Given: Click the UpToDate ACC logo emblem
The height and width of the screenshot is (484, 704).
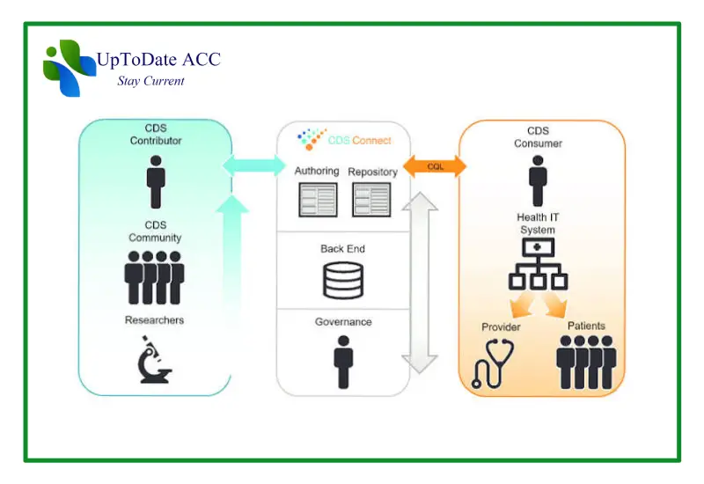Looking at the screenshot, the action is point(70,69).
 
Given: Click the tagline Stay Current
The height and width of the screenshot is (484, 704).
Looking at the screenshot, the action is point(150,81).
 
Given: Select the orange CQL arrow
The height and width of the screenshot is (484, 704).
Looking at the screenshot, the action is point(435,166).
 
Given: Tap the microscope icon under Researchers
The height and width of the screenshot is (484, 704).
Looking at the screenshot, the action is point(155,360).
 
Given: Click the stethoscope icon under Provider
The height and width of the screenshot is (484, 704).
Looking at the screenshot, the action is point(493,363).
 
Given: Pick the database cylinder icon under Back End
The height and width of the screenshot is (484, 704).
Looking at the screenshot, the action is point(343,281).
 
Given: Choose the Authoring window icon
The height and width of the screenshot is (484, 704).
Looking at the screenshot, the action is point(318,200).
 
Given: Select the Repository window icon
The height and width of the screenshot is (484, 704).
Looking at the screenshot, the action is point(371,200).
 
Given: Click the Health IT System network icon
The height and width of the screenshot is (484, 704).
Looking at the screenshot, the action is point(538,264).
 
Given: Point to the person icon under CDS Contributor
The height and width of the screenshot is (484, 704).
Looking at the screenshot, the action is point(156,182).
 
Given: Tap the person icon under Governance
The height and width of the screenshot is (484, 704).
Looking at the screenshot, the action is point(343,362).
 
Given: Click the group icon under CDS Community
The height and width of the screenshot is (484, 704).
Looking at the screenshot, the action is point(154,277).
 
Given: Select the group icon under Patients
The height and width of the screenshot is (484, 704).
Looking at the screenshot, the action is point(586,362).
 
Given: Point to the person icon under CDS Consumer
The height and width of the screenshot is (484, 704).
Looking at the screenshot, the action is point(538,181).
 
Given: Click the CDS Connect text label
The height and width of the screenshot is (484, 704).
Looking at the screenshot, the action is point(360,141).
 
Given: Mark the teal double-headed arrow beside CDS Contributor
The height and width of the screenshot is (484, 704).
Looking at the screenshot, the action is point(254,165).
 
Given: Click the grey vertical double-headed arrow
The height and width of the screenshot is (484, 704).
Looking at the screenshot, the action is point(420,282).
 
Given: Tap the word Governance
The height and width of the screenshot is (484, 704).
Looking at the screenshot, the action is point(343,322).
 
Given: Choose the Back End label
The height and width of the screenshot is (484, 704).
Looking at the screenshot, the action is point(342,249).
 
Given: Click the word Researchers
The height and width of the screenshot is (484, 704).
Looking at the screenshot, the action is point(155,320).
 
